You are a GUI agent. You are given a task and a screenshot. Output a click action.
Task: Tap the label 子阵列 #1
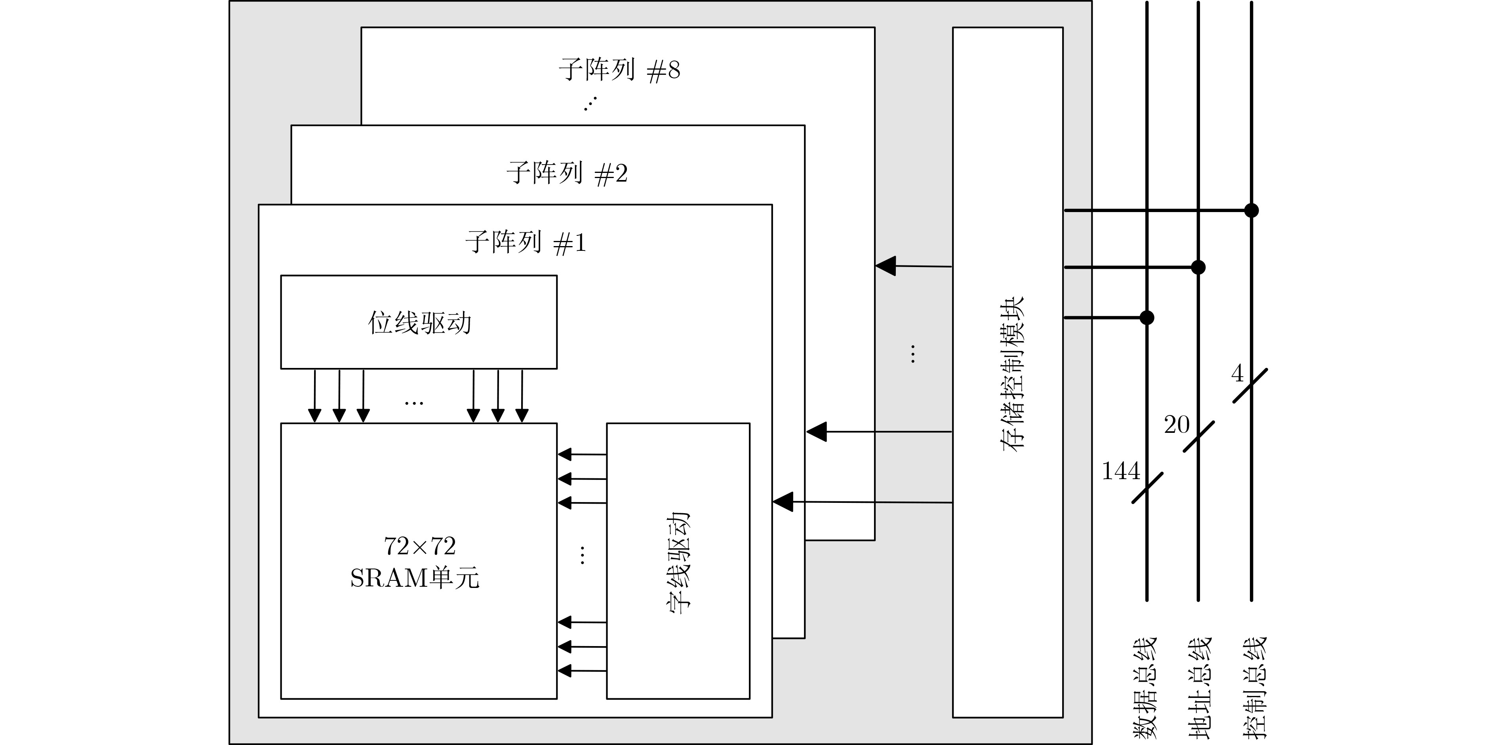click(x=526, y=243)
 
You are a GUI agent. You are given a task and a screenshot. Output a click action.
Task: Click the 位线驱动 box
click(x=419, y=322)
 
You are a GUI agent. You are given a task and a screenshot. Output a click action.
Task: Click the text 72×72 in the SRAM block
click(x=419, y=546)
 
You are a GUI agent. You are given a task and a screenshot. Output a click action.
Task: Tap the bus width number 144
click(x=1120, y=472)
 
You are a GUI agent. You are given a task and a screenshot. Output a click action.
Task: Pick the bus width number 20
click(x=1176, y=425)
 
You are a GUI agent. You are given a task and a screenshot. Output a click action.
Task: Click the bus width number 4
click(x=1237, y=374)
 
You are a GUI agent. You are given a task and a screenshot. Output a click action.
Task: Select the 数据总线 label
click(x=1145, y=688)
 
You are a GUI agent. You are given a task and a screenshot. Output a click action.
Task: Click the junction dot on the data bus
click(x=1147, y=318)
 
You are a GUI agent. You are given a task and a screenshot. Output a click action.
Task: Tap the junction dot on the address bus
click(x=1198, y=267)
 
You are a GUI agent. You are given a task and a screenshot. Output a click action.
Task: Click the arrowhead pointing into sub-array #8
click(x=886, y=266)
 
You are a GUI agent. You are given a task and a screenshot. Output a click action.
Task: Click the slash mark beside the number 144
click(x=1147, y=488)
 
